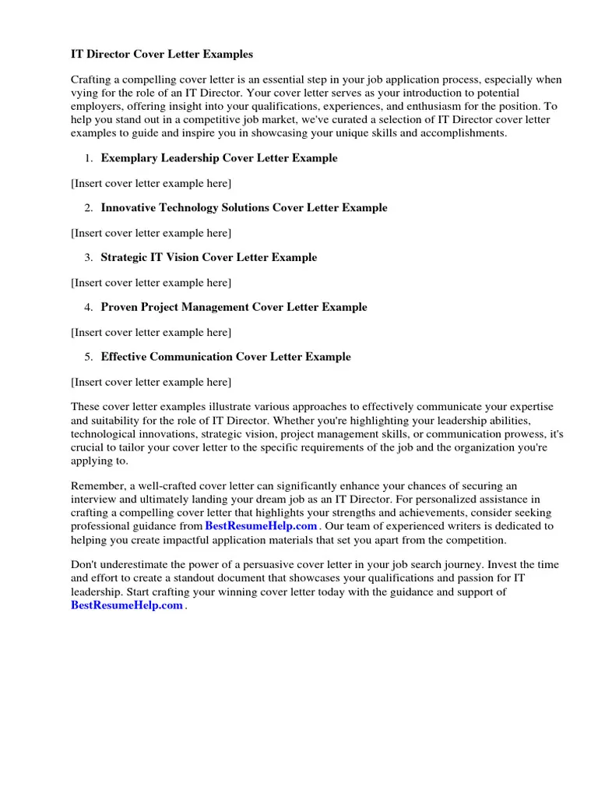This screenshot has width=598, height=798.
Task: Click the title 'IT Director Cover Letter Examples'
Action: point(162,55)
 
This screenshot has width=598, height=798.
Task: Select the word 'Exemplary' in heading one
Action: point(128,158)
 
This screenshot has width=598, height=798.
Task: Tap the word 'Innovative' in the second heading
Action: point(128,208)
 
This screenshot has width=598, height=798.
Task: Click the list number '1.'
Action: point(89,158)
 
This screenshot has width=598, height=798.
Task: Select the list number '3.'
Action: point(89,257)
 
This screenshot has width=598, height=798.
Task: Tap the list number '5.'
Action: point(89,357)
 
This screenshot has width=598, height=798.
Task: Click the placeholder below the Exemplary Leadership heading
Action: point(151,183)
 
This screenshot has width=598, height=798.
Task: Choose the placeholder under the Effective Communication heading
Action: point(151,382)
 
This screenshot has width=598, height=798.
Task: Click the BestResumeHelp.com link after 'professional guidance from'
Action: point(261,526)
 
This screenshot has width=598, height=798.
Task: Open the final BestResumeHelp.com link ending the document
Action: point(127,606)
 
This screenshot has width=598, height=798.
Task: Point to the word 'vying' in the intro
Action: point(84,93)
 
